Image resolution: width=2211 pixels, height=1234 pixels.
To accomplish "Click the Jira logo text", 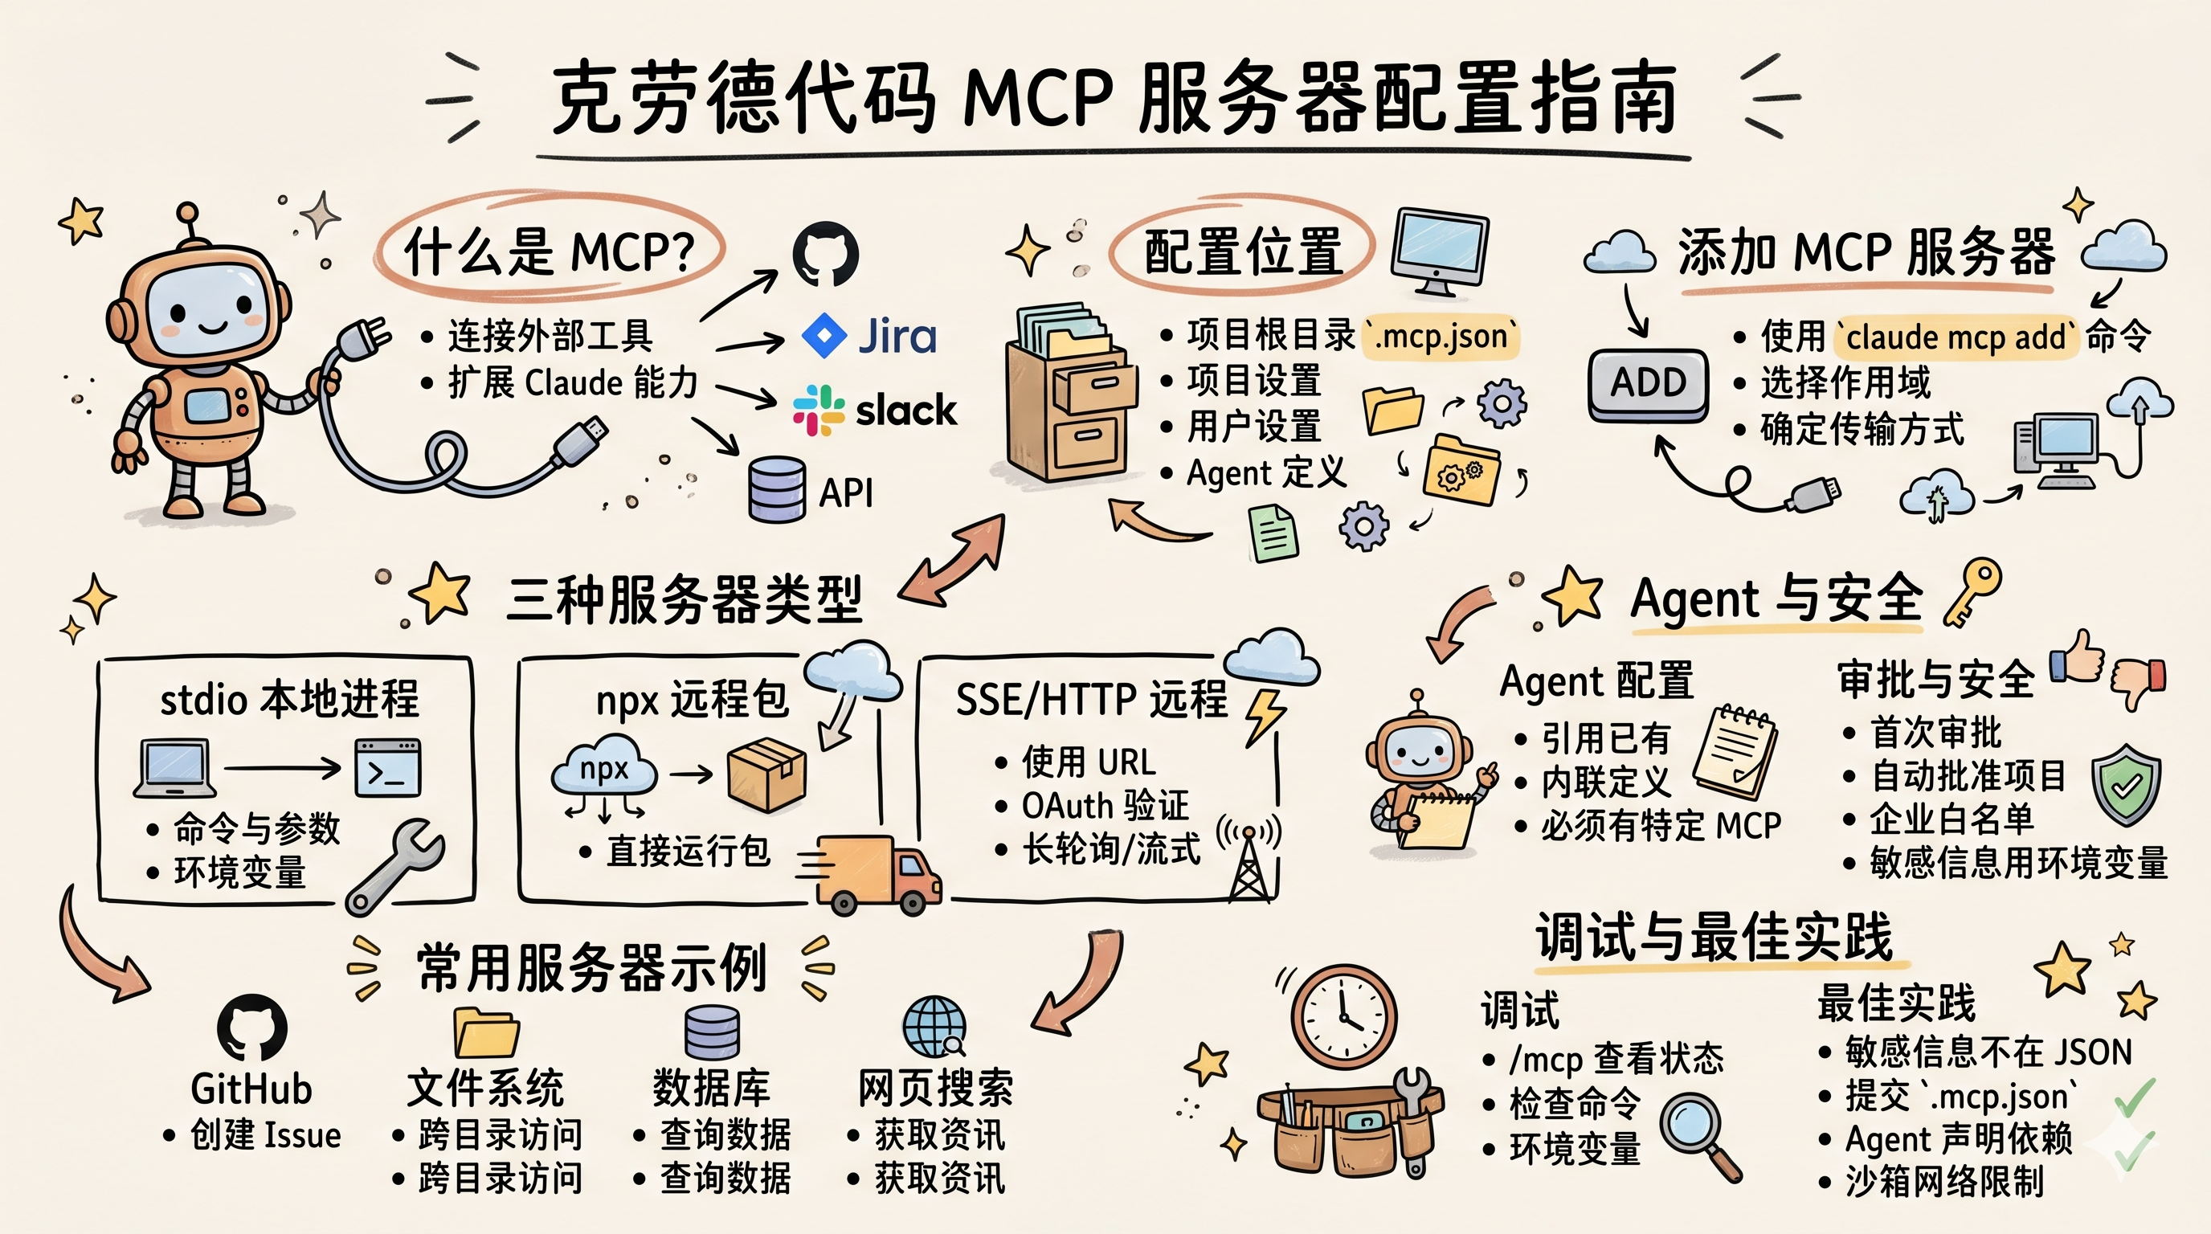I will coord(896,336).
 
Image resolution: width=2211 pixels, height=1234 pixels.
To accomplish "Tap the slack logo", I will coord(874,410).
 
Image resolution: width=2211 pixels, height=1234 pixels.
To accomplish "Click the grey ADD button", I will coord(1647,382).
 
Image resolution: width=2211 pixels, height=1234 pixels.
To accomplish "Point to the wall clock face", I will coord(1344,1016).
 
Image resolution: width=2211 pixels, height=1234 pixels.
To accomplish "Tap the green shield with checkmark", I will coord(2125,783).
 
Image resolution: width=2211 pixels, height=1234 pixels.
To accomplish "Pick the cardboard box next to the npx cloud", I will coord(766,774).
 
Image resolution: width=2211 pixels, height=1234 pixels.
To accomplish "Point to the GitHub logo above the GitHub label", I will coord(251,1027).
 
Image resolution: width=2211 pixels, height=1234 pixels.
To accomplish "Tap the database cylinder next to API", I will coord(777,489).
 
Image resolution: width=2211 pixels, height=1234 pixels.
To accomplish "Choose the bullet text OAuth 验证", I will coord(1105,806).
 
